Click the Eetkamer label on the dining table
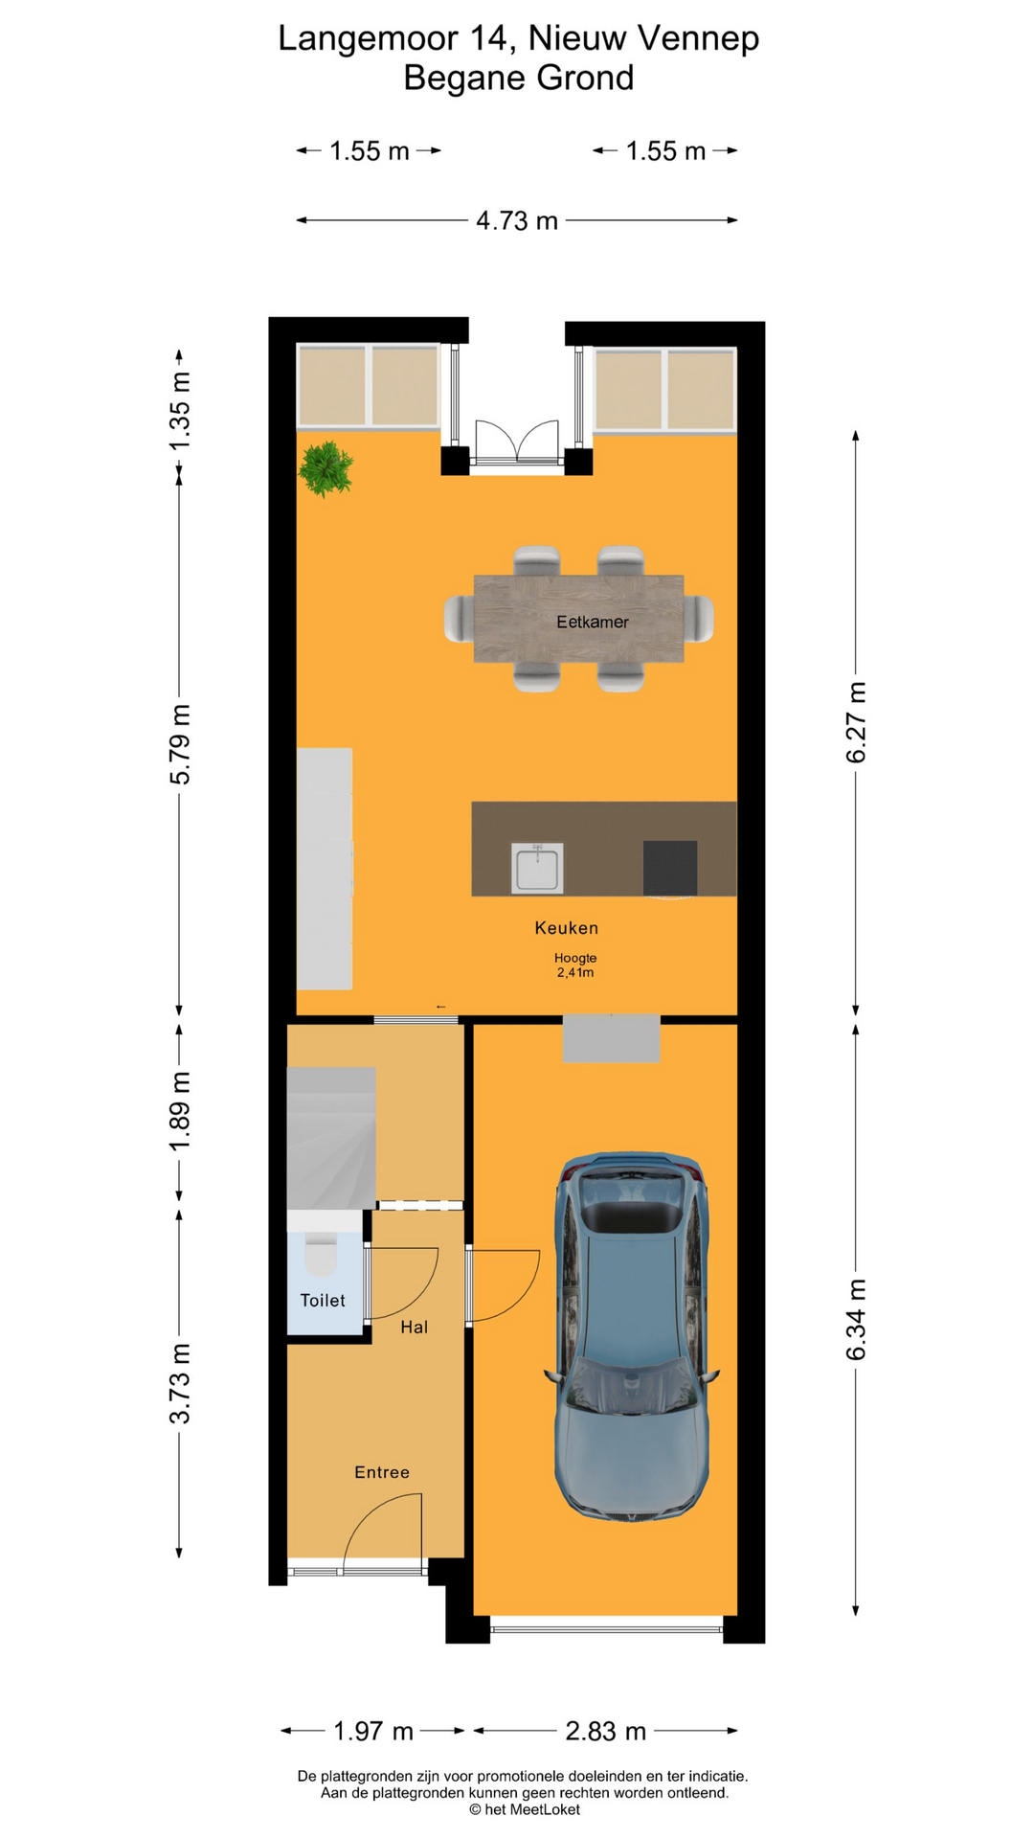point(593,622)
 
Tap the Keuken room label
point(567,927)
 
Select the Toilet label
point(323,1300)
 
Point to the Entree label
point(382,1472)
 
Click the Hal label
point(415,1327)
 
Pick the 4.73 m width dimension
point(517,220)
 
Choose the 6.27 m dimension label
point(856,722)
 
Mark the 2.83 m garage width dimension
point(606,1731)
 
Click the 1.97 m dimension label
point(373,1731)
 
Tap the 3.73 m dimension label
point(180,1383)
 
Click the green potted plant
point(326,468)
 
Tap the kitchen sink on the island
point(537,868)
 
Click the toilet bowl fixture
point(321,1255)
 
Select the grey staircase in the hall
point(331,1138)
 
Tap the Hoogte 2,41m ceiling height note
point(575,965)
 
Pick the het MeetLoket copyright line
point(525,1809)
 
